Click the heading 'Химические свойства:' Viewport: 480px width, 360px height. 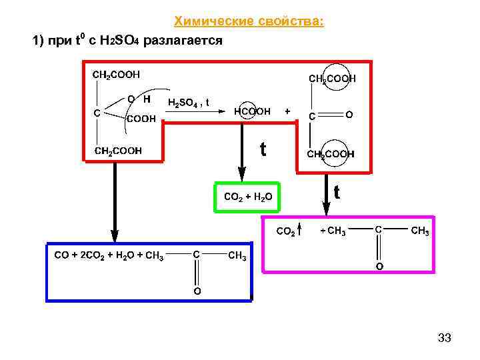pos(249,22)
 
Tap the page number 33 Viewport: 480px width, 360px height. pos(445,338)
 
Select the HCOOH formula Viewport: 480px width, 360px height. pos(252,111)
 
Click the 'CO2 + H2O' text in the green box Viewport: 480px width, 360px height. pos(249,197)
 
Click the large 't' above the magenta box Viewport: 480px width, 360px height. pos(337,193)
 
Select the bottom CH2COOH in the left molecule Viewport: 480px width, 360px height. pos(118,151)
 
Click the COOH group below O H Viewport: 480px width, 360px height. pos(141,119)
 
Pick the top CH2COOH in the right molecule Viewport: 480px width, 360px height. pos(332,79)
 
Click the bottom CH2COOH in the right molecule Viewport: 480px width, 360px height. pos(330,154)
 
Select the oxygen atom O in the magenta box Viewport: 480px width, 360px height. pos(379,267)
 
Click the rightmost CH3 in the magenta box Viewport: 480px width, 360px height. pos(419,231)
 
